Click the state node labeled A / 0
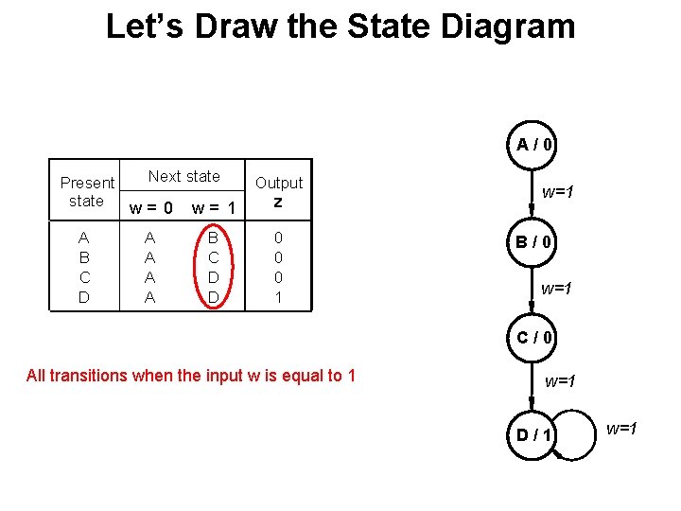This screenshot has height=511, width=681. click(x=535, y=144)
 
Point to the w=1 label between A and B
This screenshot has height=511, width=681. click(x=558, y=192)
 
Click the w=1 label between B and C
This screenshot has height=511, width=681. click(x=556, y=289)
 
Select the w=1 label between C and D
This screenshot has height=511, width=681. click(x=560, y=382)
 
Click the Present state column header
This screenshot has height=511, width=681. click(x=87, y=191)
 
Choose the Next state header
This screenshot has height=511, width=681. click(x=183, y=176)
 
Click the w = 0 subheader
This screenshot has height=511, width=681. click(x=151, y=206)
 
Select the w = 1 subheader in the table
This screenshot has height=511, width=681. click(x=213, y=206)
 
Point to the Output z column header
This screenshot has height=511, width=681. click(x=279, y=191)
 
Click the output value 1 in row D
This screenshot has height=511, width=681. click(x=278, y=297)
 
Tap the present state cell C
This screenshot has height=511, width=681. click(x=85, y=277)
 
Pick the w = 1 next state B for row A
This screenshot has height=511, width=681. click(x=214, y=238)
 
